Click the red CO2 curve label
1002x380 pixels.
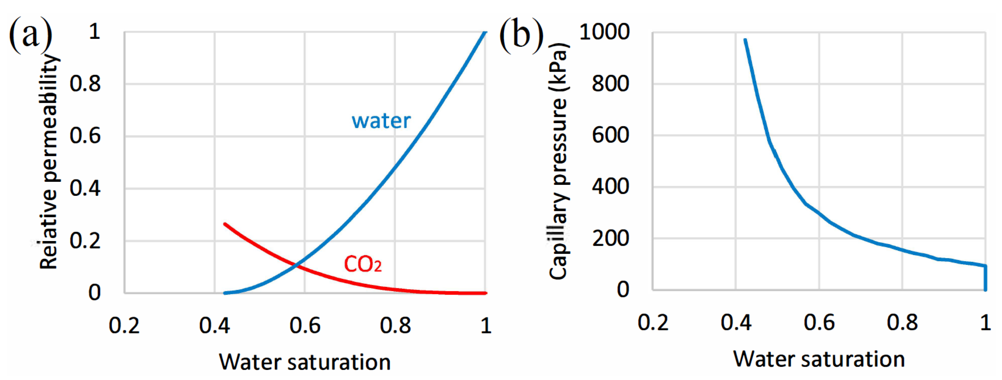(363, 264)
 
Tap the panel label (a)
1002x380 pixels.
(30, 34)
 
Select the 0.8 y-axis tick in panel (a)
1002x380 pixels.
(85, 84)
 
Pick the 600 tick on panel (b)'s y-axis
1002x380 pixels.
(610, 135)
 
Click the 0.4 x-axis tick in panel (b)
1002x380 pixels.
(736, 322)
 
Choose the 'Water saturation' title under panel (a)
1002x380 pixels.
(304, 362)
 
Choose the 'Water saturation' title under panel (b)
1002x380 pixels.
(819, 359)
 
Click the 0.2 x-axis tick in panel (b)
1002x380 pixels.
(653, 322)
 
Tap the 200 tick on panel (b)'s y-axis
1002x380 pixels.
(610, 238)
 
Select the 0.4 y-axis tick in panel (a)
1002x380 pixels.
(85, 188)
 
